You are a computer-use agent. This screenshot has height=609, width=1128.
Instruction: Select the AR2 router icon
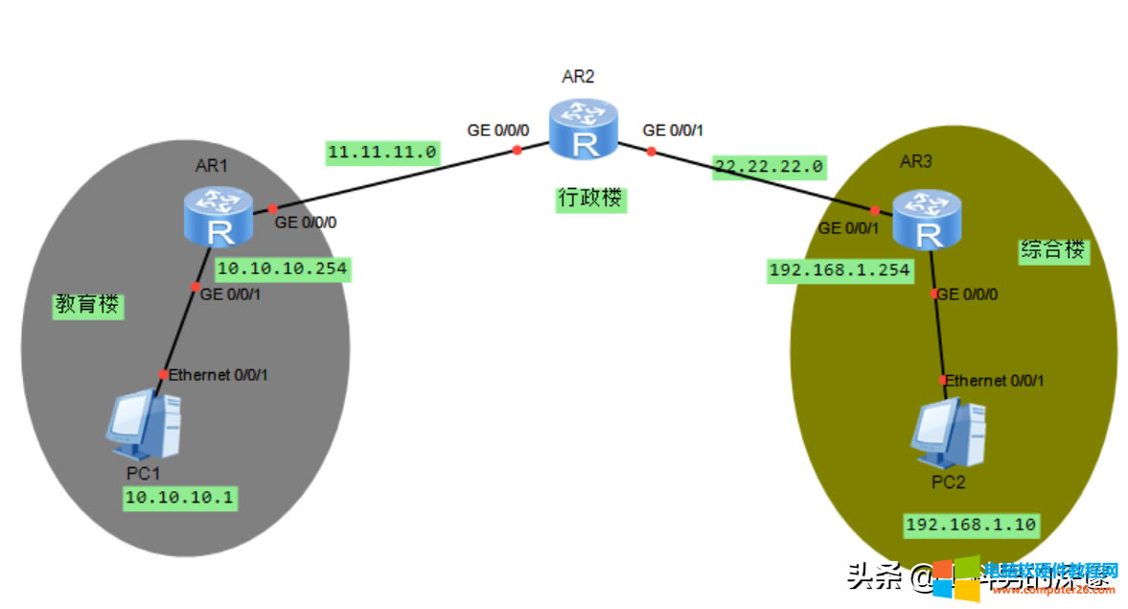583,129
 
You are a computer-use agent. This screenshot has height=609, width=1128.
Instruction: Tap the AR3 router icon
927,219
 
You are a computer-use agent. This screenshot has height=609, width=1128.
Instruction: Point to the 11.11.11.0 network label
382,152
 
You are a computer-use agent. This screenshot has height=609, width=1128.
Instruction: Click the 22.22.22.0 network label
769,166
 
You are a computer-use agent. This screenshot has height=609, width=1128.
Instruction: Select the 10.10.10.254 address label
282,270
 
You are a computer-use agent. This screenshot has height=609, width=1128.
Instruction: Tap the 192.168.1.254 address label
840,270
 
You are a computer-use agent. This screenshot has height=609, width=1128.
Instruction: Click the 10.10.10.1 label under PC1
179,498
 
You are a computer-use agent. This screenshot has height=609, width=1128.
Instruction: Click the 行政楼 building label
590,199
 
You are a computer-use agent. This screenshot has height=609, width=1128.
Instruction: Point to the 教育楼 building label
87,305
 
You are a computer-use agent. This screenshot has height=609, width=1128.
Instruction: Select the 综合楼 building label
1052,251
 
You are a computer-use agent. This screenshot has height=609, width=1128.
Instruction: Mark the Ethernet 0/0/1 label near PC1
218,375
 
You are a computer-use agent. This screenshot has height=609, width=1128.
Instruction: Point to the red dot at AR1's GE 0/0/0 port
272,208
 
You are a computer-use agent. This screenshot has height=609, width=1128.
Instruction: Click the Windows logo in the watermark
956,578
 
